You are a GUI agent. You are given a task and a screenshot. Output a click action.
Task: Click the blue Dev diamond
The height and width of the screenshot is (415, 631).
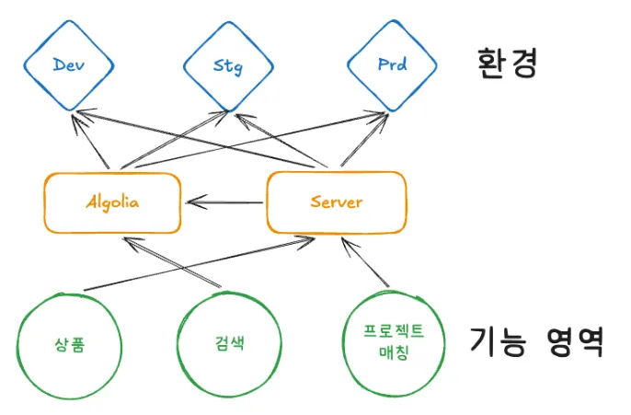tap(68, 65)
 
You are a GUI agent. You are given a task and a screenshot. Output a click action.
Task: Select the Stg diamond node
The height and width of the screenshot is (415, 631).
tap(228, 66)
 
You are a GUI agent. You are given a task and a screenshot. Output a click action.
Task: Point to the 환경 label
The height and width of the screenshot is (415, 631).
tap(506, 64)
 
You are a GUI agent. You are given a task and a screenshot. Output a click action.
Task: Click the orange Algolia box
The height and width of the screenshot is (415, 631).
tap(112, 202)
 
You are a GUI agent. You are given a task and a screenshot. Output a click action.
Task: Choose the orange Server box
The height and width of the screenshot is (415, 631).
tap(336, 202)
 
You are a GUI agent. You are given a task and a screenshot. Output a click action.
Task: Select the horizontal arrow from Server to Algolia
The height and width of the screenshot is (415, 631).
tap(225, 202)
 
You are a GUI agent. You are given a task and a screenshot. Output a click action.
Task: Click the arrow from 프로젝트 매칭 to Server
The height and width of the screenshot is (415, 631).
tap(370, 263)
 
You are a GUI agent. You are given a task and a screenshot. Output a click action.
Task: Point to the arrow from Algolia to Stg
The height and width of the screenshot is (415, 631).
tap(170, 143)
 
